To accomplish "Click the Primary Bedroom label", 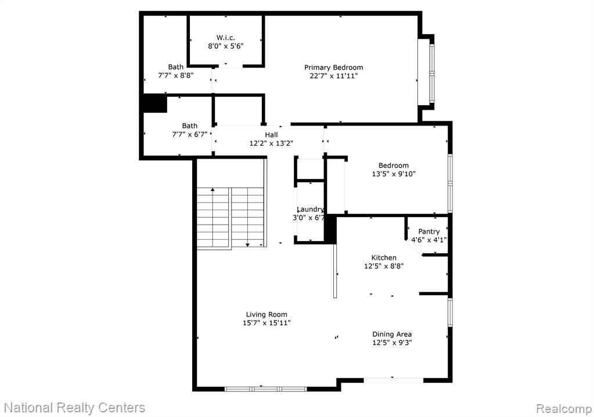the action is pyautogui.click(x=333, y=67).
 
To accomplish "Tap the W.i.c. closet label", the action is pyautogui.click(x=225, y=38).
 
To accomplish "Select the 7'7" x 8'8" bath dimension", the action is pyautogui.click(x=176, y=76).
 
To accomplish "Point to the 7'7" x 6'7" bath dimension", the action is pyautogui.click(x=189, y=134).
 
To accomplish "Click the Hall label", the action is pyautogui.click(x=271, y=135).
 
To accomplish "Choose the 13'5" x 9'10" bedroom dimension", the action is pyautogui.click(x=394, y=174).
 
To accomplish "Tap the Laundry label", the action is pyautogui.click(x=310, y=209).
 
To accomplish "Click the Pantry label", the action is pyautogui.click(x=429, y=231).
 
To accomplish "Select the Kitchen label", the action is pyautogui.click(x=384, y=257).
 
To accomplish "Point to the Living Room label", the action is pyautogui.click(x=267, y=314).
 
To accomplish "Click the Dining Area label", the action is pyautogui.click(x=392, y=334).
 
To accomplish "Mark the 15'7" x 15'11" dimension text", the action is pyautogui.click(x=267, y=323).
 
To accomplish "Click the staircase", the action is pyautogui.click(x=231, y=218).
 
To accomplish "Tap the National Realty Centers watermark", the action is pyautogui.click(x=74, y=408).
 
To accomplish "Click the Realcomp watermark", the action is pyautogui.click(x=564, y=409).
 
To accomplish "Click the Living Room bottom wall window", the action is pyautogui.click(x=265, y=389).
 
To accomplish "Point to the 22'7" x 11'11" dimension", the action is pyautogui.click(x=334, y=76).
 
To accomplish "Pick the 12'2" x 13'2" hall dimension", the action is pyautogui.click(x=271, y=143).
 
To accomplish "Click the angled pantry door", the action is pyautogui.click(x=413, y=247).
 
